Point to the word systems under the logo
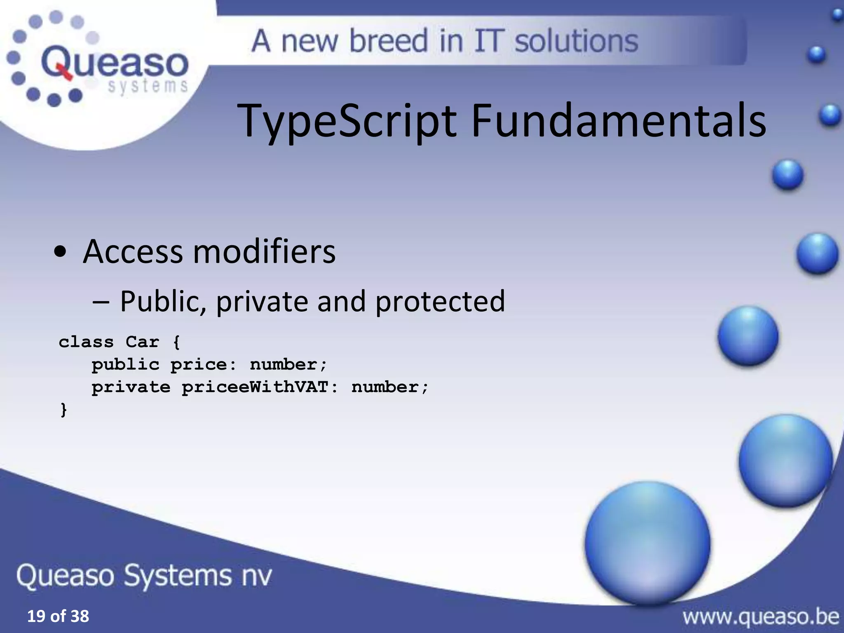[148, 87]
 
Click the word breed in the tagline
[389, 41]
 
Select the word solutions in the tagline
[576, 41]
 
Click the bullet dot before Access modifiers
[60, 252]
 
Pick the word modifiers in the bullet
[264, 251]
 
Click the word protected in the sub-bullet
[440, 301]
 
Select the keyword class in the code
[86, 342]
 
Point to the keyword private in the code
[131, 387]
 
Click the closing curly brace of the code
[63, 410]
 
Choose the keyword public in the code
[125, 365]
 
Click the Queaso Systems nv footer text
[144, 575]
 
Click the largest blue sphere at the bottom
[647, 542]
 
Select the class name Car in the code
[142, 342]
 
